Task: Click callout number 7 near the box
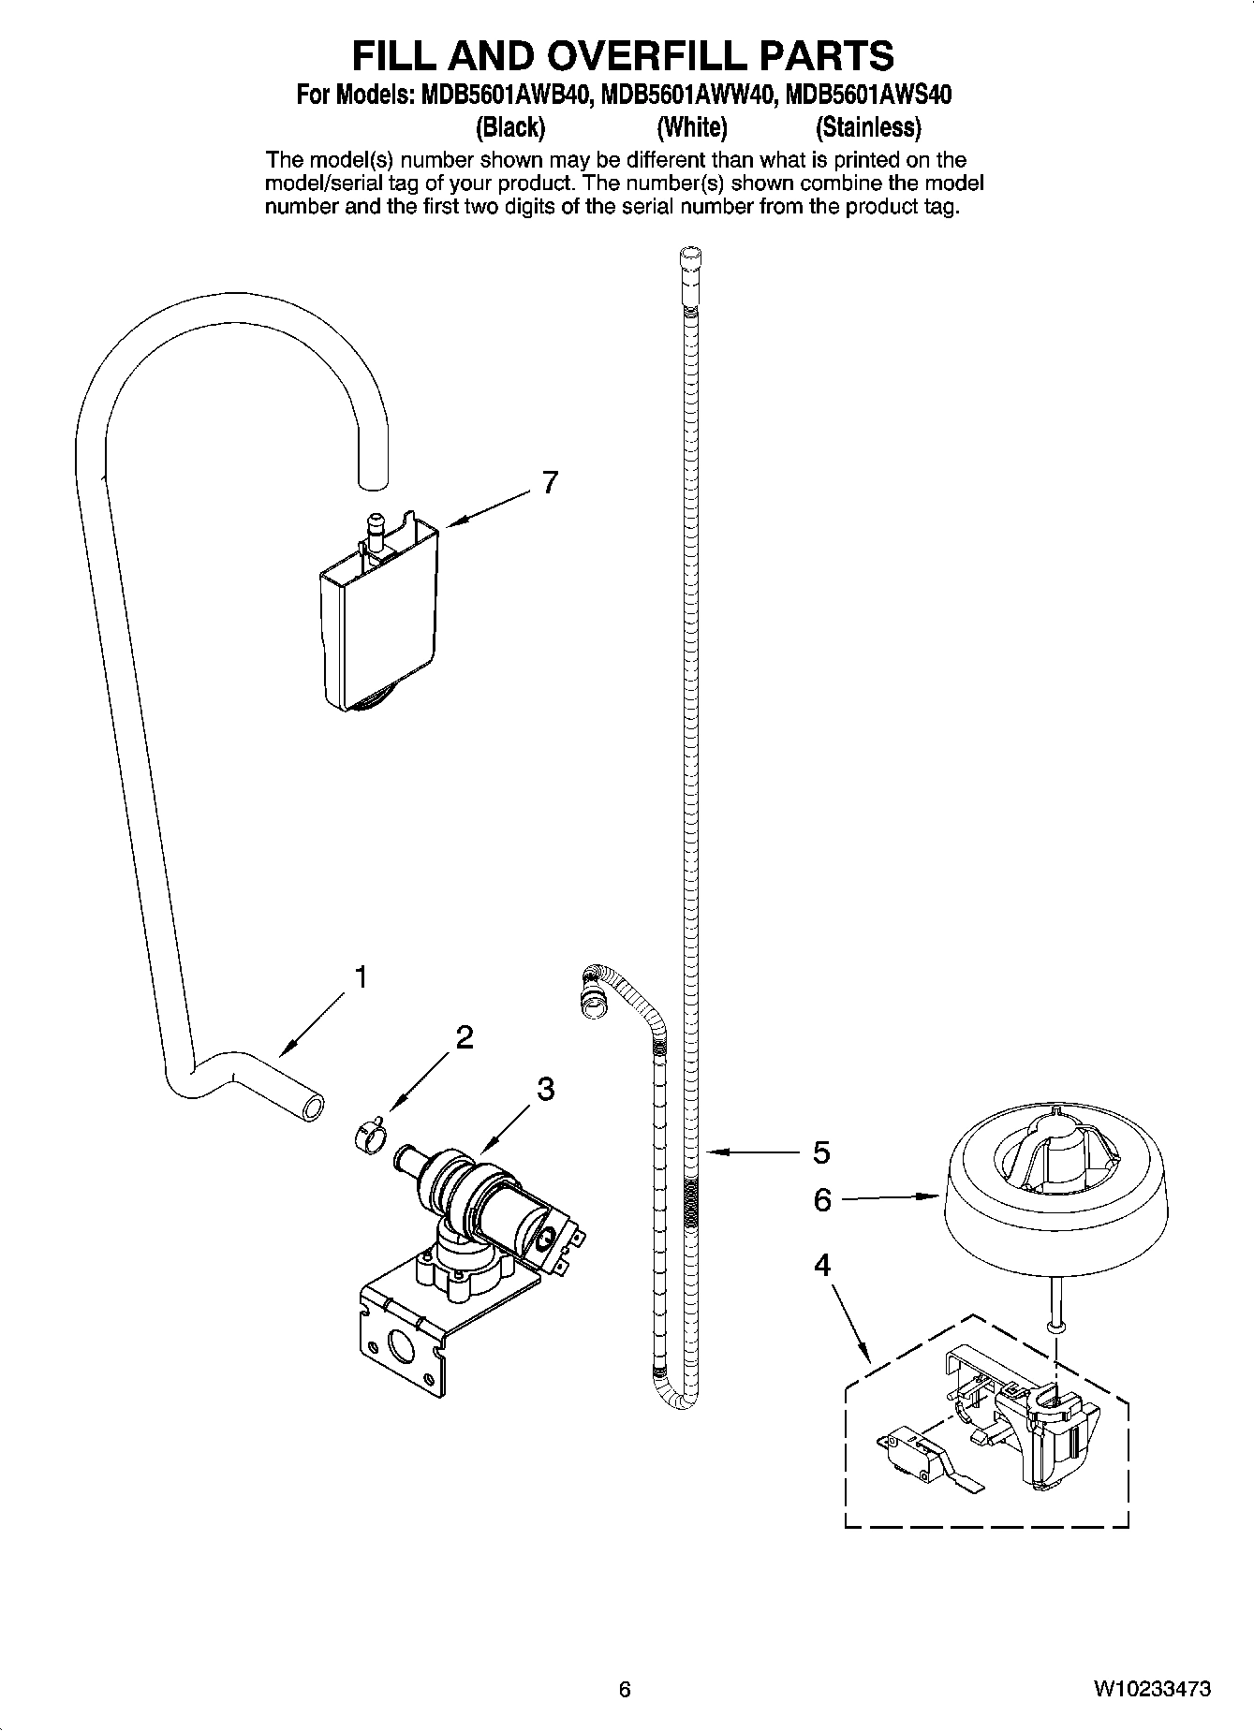click(550, 483)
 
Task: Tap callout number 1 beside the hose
click(359, 977)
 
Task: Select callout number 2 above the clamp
click(464, 1037)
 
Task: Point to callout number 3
click(545, 1089)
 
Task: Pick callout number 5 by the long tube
click(821, 1152)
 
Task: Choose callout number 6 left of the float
click(822, 1200)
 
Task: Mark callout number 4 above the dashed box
click(821, 1266)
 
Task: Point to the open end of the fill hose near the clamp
click(311, 1108)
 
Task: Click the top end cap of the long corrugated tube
click(688, 257)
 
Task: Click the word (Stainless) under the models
click(868, 126)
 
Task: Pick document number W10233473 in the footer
click(1151, 1689)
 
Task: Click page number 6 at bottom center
click(625, 1689)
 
